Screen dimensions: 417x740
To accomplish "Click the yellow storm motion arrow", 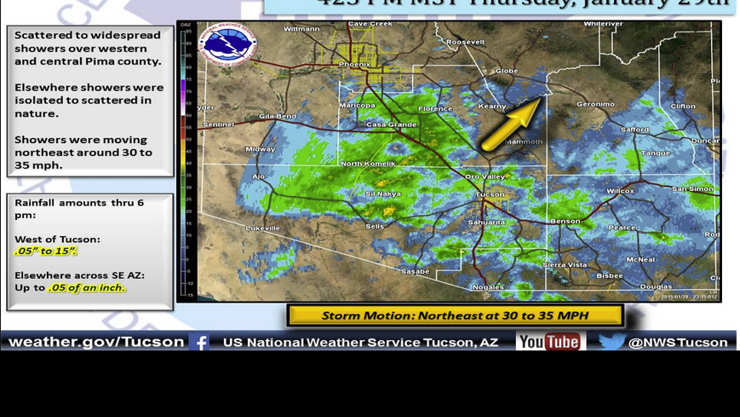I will tap(512, 124).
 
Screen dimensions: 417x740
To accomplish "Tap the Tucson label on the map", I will tap(490, 194).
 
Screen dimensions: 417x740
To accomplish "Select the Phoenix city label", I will tap(354, 64).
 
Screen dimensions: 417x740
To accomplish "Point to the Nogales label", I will tap(488, 287).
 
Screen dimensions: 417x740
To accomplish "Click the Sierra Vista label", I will tap(565, 264).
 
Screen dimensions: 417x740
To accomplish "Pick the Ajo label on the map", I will tap(259, 177).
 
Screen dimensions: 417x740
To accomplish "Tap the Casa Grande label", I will tap(391, 125).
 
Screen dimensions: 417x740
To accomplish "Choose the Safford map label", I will tap(634, 130).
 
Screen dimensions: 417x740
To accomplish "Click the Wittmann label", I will tap(301, 29).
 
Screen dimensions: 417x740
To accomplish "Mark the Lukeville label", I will tap(263, 228).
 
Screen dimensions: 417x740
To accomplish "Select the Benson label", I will tap(565, 221).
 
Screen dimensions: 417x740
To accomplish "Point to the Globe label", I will tap(506, 71).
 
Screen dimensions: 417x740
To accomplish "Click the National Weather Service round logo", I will tap(227, 44).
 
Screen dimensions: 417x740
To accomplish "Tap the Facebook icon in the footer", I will tap(199, 342).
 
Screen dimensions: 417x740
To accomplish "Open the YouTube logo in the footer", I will tap(550, 342).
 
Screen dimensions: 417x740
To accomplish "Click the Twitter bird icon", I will tap(611, 342).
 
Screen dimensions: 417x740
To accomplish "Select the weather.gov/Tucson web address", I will tap(96, 342).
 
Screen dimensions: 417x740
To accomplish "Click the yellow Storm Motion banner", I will tap(455, 316).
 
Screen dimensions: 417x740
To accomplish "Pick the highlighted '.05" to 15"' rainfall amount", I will tap(46, 252).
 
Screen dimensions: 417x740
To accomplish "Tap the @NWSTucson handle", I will tap(678, 342).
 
